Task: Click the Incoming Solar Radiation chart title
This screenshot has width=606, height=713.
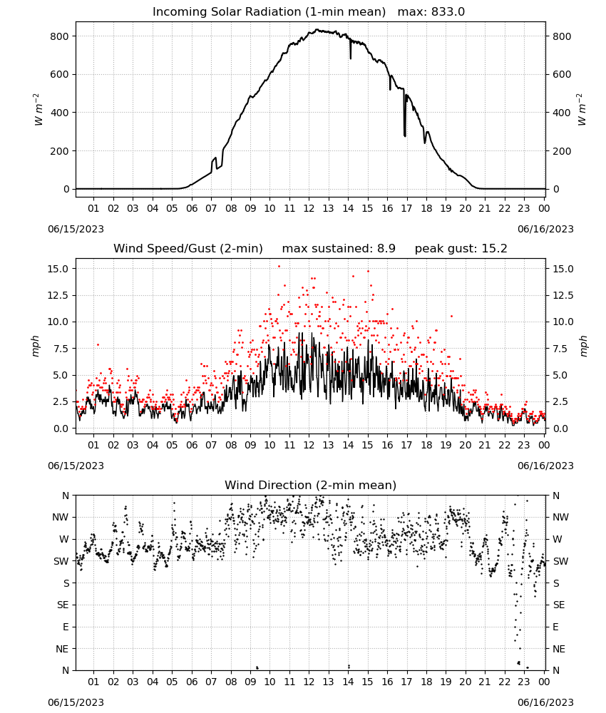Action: (269, 12)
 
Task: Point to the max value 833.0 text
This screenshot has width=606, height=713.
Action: (431, 12)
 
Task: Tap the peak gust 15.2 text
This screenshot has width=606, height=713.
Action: (461, 249)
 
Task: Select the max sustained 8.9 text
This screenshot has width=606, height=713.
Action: (339, 249)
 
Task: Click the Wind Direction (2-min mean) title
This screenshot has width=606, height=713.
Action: (311, 485)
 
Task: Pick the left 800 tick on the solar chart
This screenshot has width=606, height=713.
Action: (59, 36)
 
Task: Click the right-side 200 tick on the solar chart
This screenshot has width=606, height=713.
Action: (562, 151)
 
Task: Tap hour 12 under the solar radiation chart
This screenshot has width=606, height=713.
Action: (309, 208)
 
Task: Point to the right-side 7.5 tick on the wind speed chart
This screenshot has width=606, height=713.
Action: (561, 349)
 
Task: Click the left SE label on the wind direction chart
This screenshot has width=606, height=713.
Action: (63, 605)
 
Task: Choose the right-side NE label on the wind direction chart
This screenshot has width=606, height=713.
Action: (559, 649)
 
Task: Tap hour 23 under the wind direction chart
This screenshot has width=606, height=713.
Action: (524, 682)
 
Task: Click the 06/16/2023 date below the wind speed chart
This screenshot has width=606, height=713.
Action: (545, 466)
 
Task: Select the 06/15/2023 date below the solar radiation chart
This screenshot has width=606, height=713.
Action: (76, 229)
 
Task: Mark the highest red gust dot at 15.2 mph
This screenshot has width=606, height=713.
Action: (279, 267)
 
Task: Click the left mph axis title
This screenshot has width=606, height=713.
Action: (36, 346)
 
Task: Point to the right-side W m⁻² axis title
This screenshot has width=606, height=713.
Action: (582, 110)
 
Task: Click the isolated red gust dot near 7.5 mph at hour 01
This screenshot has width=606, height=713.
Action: (98, 344)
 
